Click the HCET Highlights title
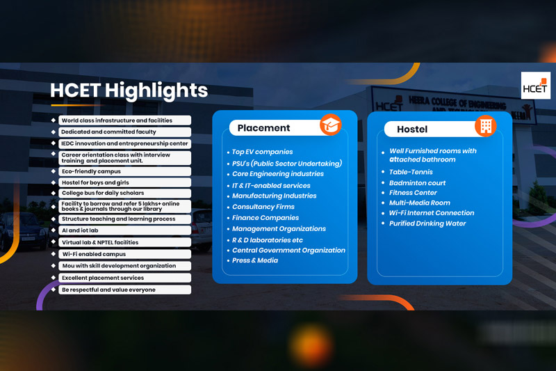tap(129, 90)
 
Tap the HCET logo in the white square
tap(535, 86)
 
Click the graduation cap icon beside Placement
tap(331, 125)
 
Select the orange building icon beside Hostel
tap(486, 126)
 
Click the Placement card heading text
tap(263, 128)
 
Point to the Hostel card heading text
tap(412, 129)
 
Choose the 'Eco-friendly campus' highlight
tap(91, 171)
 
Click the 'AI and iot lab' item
tap(80, 230)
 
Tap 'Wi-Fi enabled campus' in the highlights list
tap(94, 254)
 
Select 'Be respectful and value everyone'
tap(108, 290)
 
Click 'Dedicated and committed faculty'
tap(108, 132)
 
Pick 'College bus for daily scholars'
tap(103, 193)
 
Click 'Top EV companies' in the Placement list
tap(263, 152)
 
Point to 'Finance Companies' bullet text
tap(265, 218)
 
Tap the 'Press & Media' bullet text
tap(255, 260)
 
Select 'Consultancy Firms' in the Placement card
tap(263, 207)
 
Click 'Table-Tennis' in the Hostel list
tap(411, 172)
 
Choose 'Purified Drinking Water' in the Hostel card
tap(427, 223)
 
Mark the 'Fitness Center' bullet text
tap(413, 192)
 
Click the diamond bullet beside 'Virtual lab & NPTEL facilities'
tap(54, 242)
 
